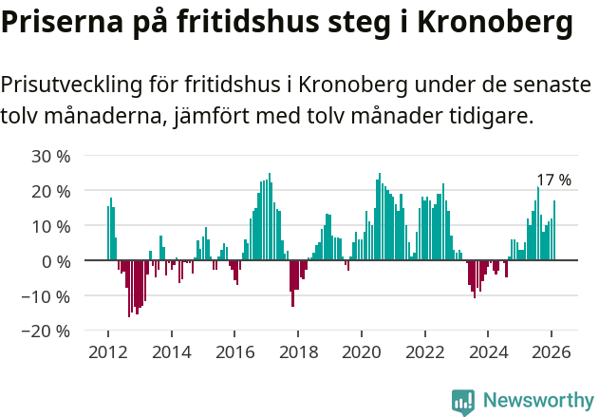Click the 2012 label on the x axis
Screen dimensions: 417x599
click(x=107, y=351)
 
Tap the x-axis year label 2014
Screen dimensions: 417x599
click(x=171, y=351)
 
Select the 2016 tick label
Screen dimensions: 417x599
click(x=234, y=351)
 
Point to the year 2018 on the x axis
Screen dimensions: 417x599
click(x=298, y=351)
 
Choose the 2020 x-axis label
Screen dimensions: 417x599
click(x=362, y=351)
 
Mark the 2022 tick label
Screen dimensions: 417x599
click(x=425, y=351)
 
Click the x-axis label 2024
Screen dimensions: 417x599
click(x=489, y=351)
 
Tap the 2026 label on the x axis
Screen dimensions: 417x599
click(x=552, y=351)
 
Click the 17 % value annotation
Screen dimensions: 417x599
click(x=553, y=180)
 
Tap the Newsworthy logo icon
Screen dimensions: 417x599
click(x=463, y=402)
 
